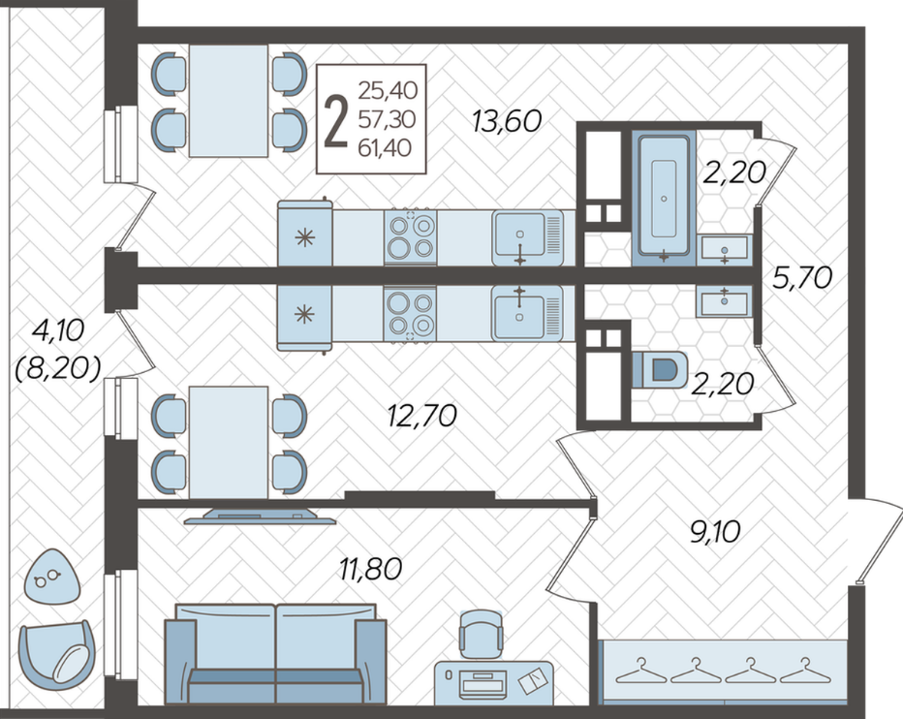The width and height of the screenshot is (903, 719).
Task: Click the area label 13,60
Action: [x=507, y=121]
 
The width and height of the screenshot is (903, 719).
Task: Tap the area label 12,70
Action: [x=422, y=416]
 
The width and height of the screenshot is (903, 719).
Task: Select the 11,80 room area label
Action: [x=370, y=569]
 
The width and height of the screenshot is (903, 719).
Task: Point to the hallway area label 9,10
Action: [x=715, y=532]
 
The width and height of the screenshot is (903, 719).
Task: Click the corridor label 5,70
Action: [x=802, y=279]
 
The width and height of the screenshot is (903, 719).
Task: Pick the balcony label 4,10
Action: [x=59, y=330]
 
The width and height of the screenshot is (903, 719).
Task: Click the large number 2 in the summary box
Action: [x=336, y=121]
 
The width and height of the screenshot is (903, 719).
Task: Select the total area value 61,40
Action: [x=385, y=148]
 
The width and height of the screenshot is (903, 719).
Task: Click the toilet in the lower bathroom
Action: [x=660, y=369]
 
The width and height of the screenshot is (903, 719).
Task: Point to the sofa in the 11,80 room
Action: [x=275, y=654]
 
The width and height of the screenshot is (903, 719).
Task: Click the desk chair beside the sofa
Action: [x=481, y=634]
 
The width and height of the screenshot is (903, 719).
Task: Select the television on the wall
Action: [x=260, y=516]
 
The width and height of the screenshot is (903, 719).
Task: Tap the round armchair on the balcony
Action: [x=56, y=655]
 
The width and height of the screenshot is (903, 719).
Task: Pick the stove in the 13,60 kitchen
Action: [x=411, y=237]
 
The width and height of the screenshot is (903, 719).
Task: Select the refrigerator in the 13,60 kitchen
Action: [x=305, y=233]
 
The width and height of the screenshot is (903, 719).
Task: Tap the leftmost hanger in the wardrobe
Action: [x=640, y=670]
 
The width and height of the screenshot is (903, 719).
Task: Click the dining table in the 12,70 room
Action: [x=229, y=443]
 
